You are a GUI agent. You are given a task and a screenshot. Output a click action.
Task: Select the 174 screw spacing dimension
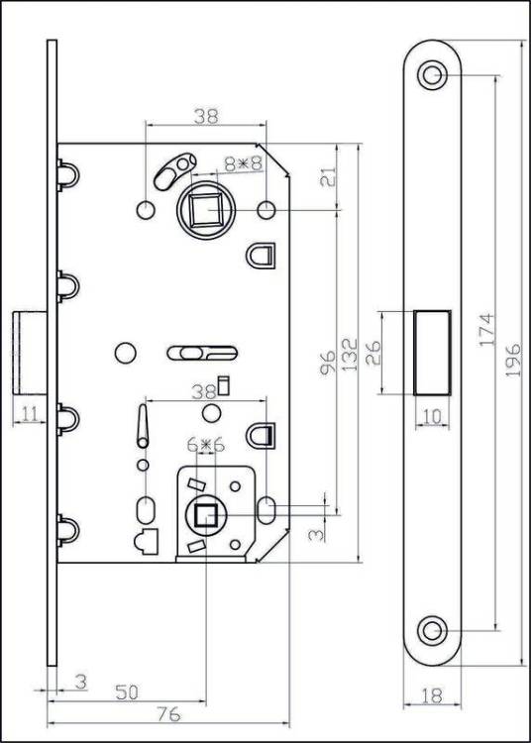point(486,329)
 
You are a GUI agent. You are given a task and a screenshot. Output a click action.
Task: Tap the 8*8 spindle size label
point(244,163)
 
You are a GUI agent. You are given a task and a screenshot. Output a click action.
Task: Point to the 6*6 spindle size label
point(206,445)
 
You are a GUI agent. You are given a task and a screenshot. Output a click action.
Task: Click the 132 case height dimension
point(350,355)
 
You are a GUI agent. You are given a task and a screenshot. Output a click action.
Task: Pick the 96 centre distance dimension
point(327,363)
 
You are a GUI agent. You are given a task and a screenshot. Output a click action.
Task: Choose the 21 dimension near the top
point(328,176)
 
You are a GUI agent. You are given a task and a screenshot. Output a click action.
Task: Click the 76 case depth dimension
point(168,714)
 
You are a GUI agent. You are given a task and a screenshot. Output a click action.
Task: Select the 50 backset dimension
point(127,692)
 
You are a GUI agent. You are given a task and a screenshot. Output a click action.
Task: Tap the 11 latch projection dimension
point(30,415)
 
